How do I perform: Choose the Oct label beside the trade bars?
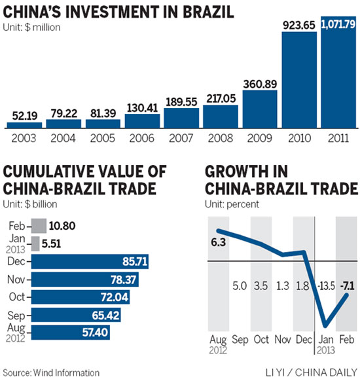pos(18,299)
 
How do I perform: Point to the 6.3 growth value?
pos(217,242)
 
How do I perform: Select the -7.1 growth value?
pos(345,285)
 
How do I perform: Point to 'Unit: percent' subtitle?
pos(232,204)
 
